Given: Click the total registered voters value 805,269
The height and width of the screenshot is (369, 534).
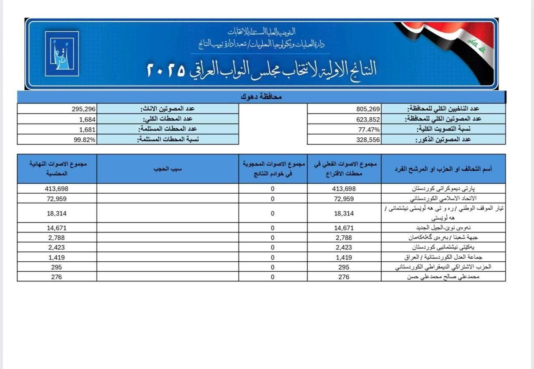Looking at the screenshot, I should pos(368,109).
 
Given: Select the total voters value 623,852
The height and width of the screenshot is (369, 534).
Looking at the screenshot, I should pos(368,119).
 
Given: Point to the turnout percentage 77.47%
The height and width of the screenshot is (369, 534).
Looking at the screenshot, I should pos(368,129).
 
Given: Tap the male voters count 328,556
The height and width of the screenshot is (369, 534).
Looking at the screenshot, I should pos(368,140).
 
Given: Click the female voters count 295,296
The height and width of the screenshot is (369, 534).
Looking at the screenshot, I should pos(83,109).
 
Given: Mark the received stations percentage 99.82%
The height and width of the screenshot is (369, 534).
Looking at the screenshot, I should pos(85,140).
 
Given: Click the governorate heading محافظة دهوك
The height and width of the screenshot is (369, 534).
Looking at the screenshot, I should pos(261,97).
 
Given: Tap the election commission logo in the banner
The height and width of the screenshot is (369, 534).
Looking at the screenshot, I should pos(61,53).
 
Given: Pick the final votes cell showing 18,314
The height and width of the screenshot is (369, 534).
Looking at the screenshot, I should pos(56,213).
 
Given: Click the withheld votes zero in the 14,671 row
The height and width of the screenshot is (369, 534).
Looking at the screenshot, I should pos(272,228).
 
